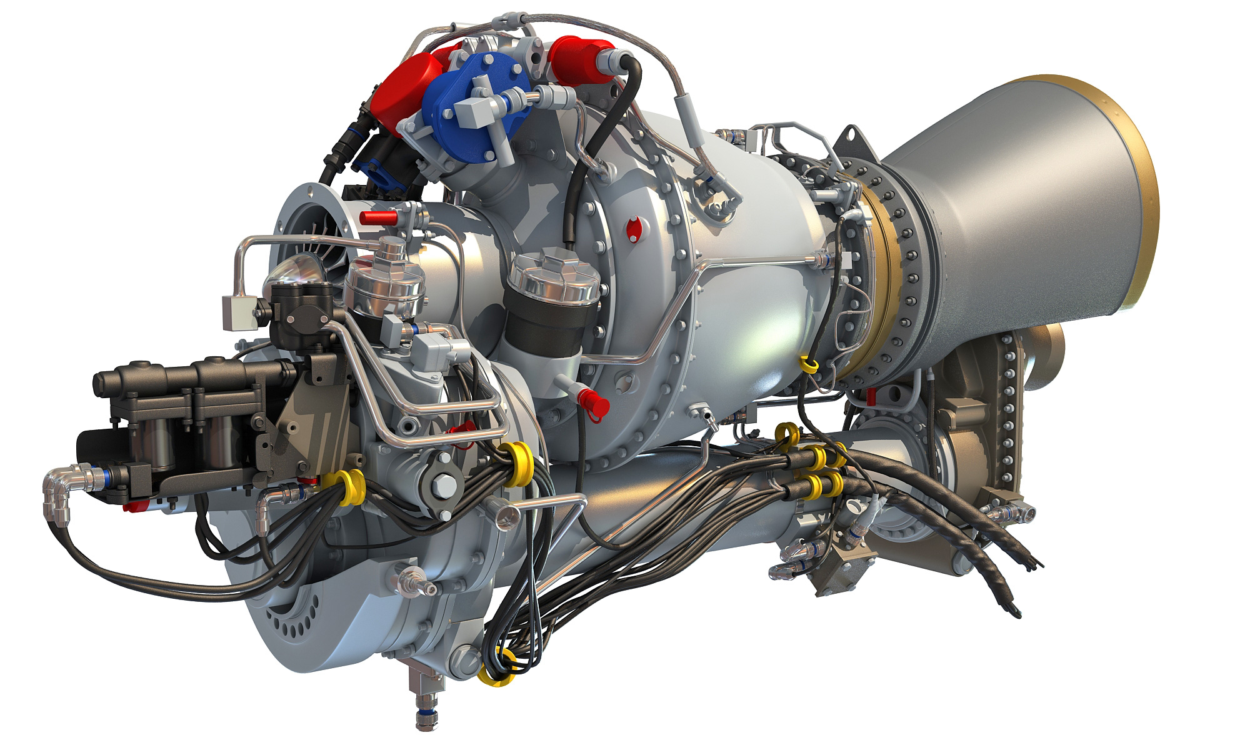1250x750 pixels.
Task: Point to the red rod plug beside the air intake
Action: [x=379, y=217]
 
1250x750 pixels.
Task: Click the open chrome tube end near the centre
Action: [x=507, y=514]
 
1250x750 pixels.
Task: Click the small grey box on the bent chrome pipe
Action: [x=237, y=312]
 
